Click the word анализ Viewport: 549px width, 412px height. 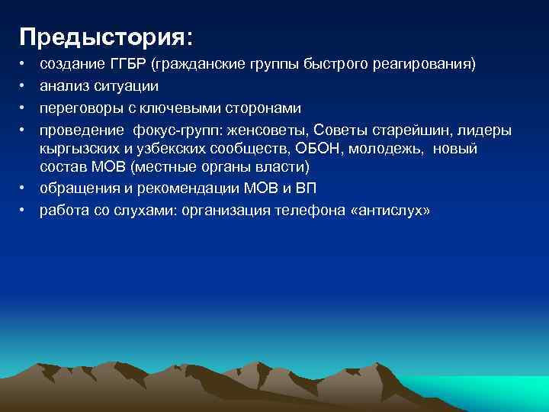(63, 87)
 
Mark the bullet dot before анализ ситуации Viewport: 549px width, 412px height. (23, 87)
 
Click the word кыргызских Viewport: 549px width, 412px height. (79, 149)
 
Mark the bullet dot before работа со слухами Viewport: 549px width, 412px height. (23, 210)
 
